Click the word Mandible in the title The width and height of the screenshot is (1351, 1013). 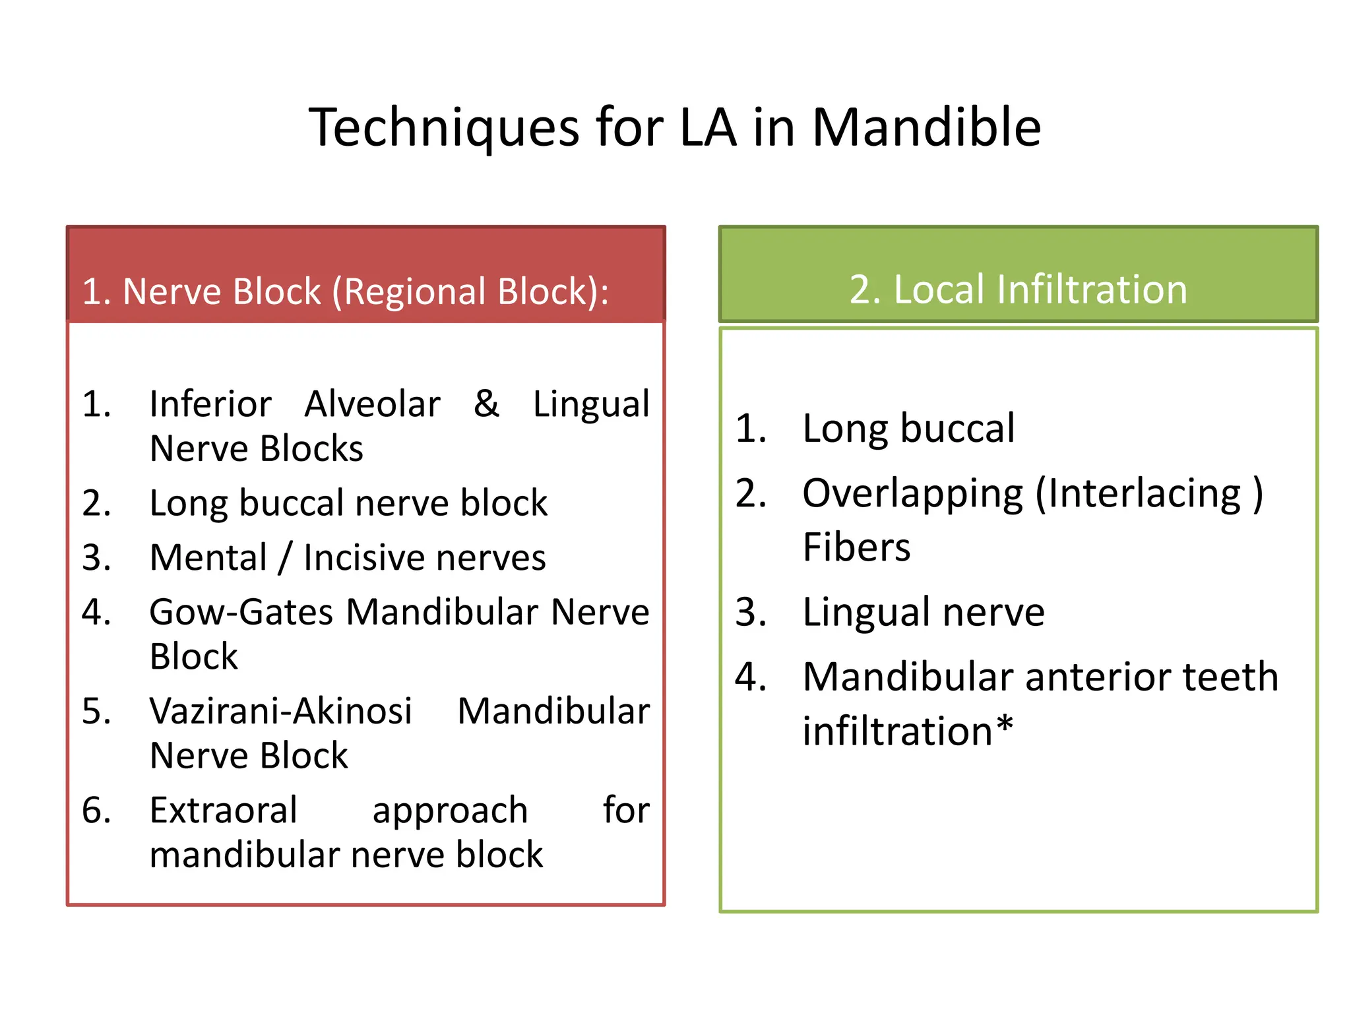(926, 127)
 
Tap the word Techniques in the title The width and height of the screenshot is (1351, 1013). (444, 127)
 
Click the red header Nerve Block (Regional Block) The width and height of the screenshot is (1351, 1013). (346, 292)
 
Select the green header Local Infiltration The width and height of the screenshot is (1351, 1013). (1018, 290)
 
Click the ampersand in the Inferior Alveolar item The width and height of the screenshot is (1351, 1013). (486, 404)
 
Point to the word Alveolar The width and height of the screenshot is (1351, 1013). (372, 404)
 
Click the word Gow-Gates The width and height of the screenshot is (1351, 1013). (241, 612)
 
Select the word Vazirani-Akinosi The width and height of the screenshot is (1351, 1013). (281, 711)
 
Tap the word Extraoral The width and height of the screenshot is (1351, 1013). (223, 810)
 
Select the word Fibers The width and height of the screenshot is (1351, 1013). (856, 547)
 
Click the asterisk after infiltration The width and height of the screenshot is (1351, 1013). (1004, 727)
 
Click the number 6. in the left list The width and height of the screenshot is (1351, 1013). (96, 810)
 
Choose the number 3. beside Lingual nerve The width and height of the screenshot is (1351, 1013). (751, 612)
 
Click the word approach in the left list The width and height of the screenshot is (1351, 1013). (450, 811)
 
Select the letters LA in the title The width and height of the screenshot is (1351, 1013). (707, 127)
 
